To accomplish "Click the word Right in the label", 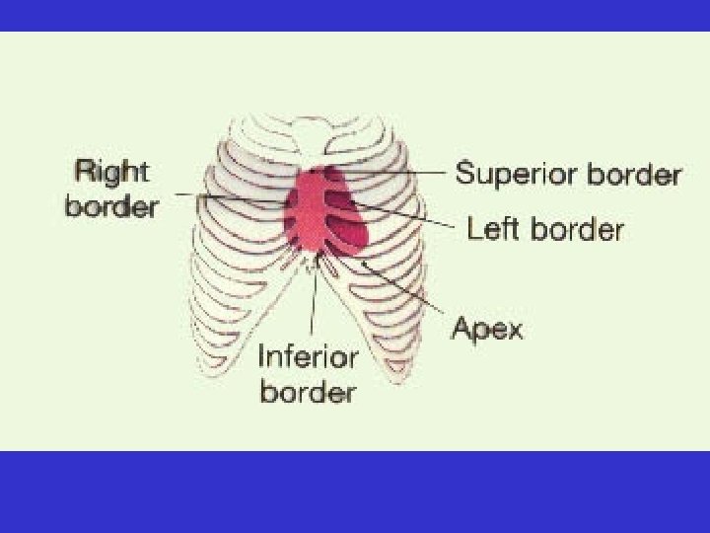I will click(110, 174).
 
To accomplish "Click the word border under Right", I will click(110, 207).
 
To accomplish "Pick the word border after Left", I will click(577, 230).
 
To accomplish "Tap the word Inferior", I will click(307, 356).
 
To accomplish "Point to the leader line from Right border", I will click(227, 197).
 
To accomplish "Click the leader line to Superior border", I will click(394, 173).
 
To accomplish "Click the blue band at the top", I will click(355, 15).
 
